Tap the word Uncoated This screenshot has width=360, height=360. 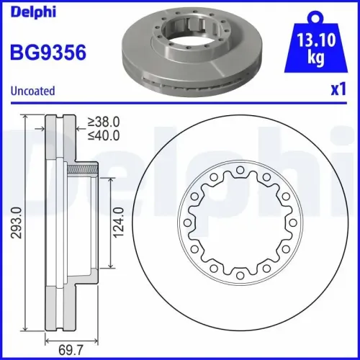point(32,91)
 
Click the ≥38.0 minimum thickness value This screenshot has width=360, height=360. point(102,122)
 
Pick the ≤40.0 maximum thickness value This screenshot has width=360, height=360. point(102,135)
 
